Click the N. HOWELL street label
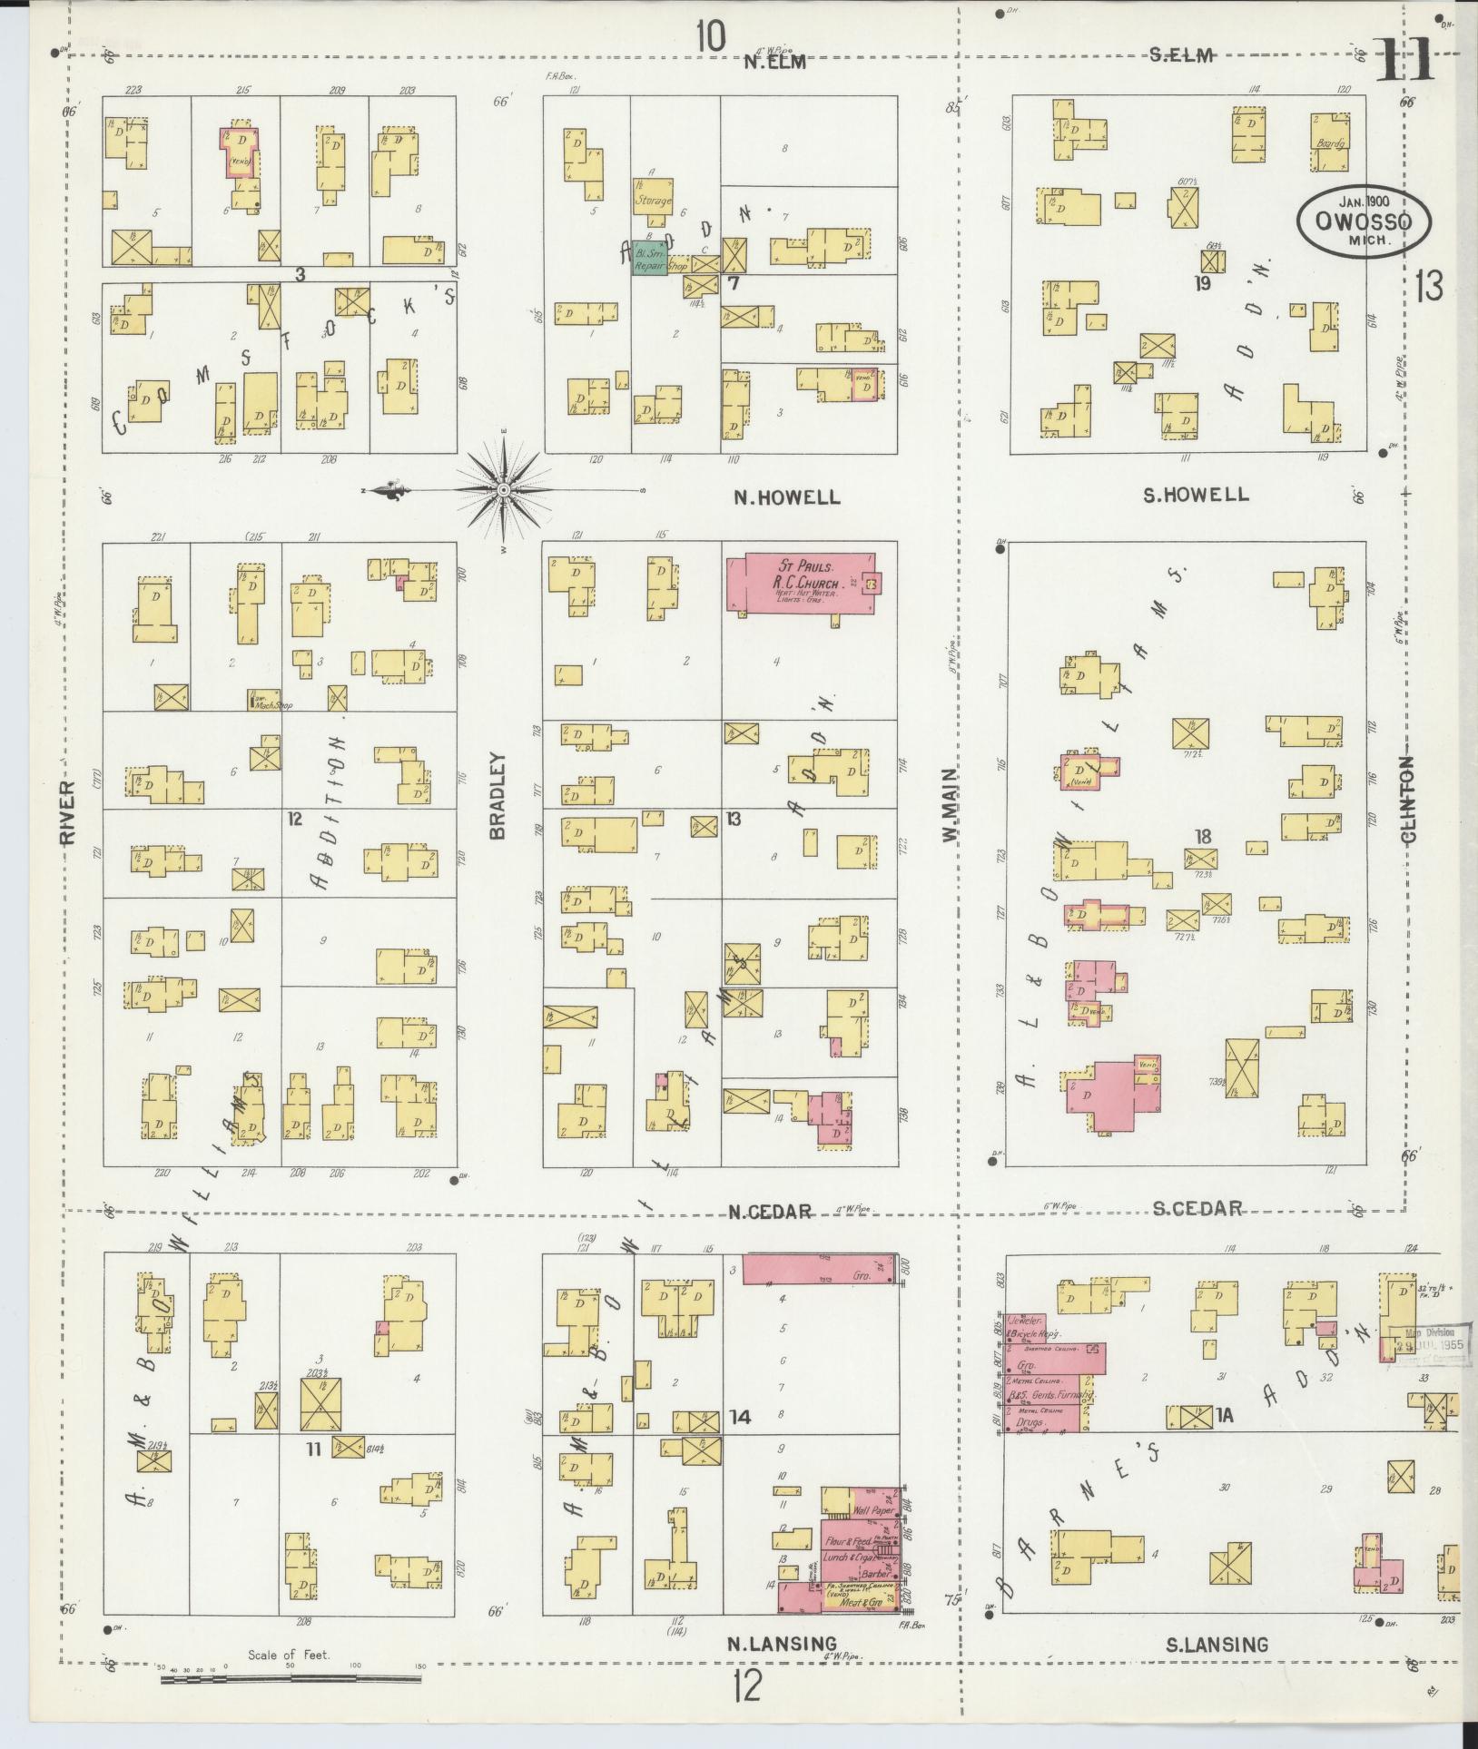click(x=786, y=497)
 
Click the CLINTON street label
click(x=1408, y=800)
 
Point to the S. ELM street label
click(x=1181, y=56)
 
